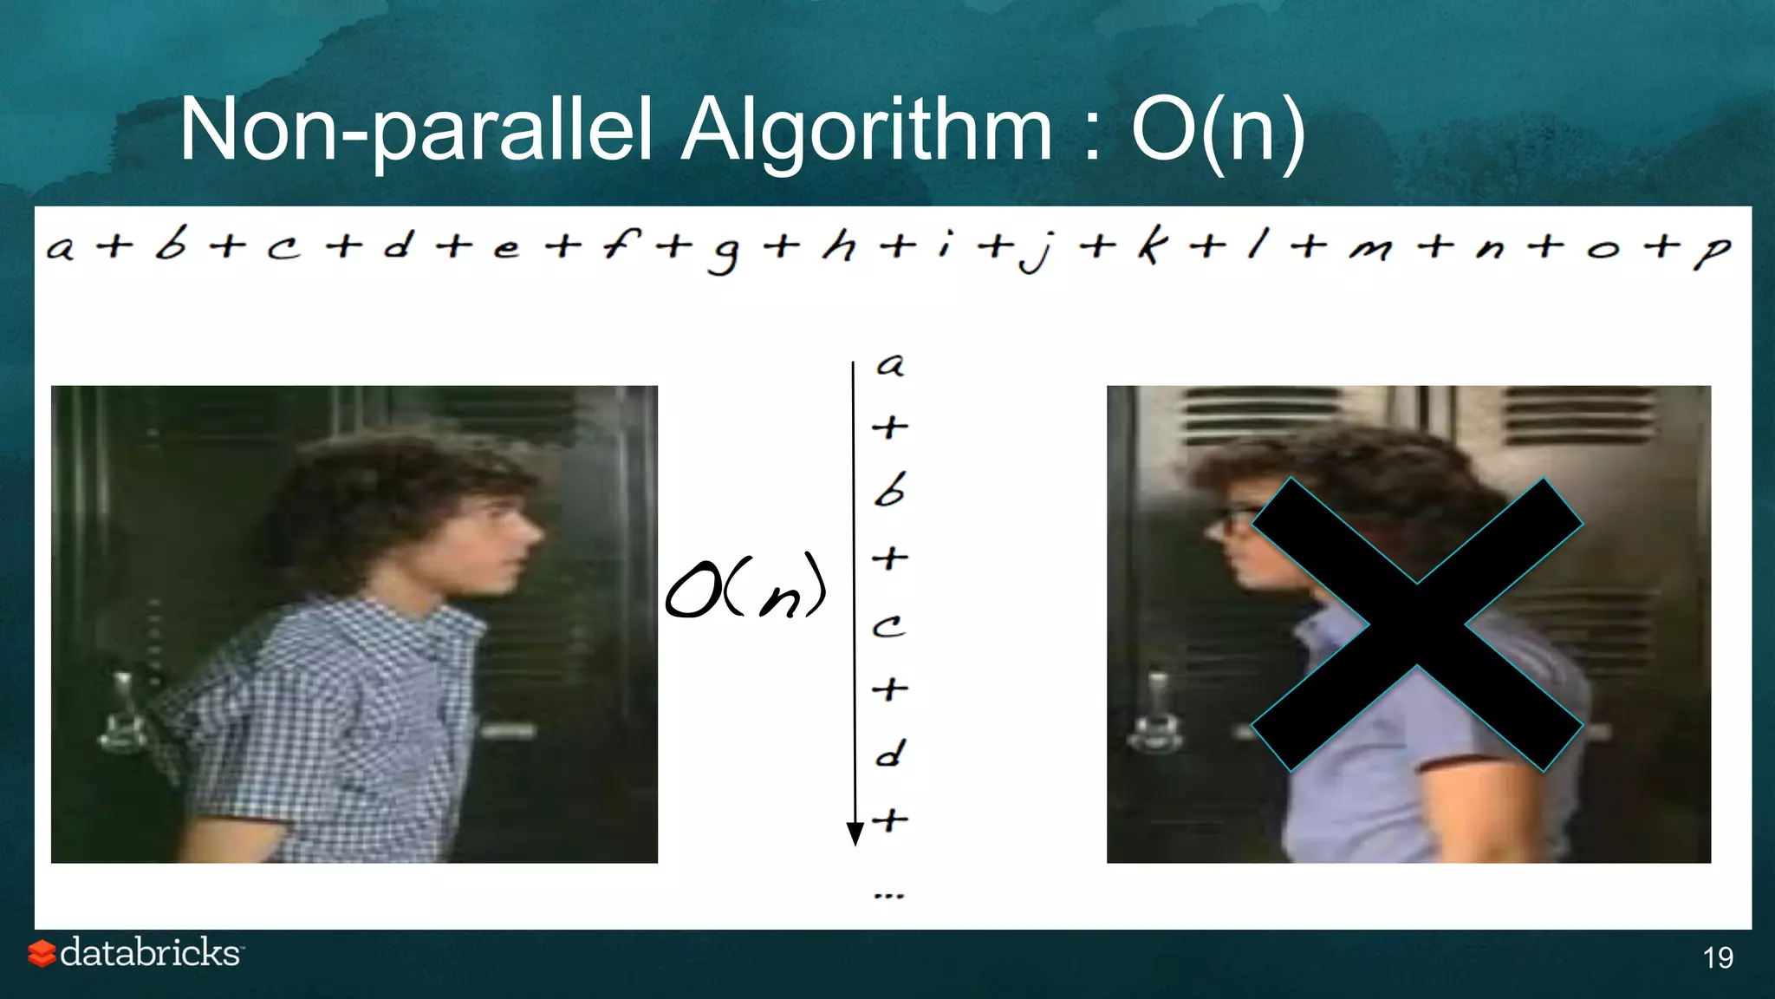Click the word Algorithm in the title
(867, 130)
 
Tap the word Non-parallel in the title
(416, 130)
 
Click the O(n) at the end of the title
(1218, 130)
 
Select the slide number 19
(1718, 957)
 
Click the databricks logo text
(151, 952)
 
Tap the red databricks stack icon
(41, 953)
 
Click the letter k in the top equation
(1151, 246)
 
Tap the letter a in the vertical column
(890, 365)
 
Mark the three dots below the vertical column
(889, 895)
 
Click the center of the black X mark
(1417, 624)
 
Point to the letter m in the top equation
(1370, 250)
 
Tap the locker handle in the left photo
(121, 711)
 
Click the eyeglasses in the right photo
(1235, 520)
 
